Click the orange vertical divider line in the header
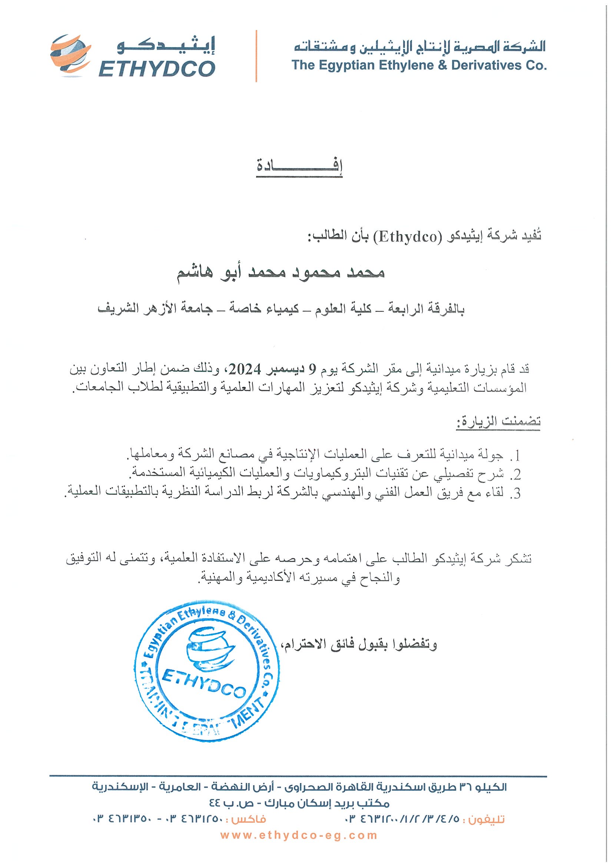[x=256, y=56]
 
